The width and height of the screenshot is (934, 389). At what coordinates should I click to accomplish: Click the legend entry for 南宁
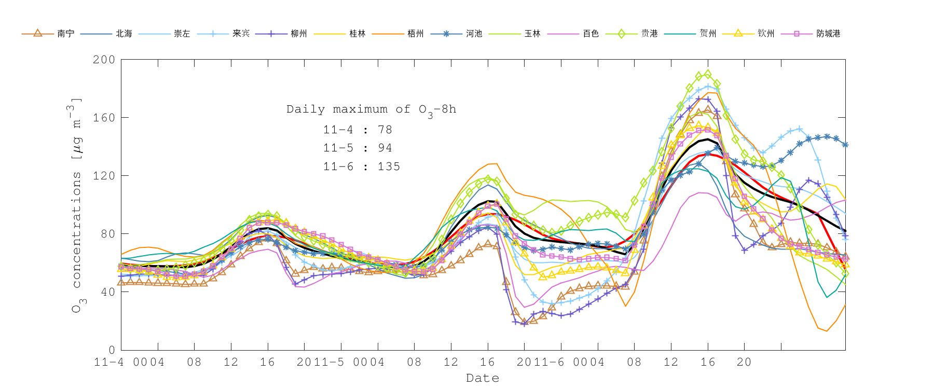click(66, 34)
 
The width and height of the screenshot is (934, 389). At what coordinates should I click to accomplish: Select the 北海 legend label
click(124, 34)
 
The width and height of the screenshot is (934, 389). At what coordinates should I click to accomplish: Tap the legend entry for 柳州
click(299, 34)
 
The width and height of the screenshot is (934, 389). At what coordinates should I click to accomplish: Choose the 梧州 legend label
click(416, 34)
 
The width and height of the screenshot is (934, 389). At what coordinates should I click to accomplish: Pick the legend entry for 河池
click(474, 34)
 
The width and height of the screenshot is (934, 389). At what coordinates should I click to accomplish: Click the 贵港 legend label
click(649, 34)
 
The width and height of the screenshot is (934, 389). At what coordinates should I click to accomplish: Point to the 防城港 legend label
click(828, 34)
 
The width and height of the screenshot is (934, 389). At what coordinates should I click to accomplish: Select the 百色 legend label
click(590, 34)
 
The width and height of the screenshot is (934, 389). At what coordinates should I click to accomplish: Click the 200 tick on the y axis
click(104, 60)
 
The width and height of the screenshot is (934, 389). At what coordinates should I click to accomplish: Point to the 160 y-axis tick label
click(104, 118)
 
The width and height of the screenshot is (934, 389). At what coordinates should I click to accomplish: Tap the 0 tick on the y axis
click(112, 350)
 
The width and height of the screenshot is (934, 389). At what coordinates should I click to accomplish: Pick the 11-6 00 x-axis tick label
click(561, 362)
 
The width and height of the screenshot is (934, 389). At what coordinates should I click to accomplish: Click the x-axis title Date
click(483, 378)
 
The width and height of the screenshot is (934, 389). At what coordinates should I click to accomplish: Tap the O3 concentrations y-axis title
click(76, 205)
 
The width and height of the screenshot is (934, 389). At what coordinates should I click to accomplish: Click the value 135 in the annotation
click(389, 166)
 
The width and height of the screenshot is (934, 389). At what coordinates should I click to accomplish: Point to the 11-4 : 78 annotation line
click(358, 130)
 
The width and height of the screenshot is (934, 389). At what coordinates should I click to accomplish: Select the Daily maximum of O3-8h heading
click(372, 109)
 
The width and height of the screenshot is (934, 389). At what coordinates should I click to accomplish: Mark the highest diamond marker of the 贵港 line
click(708, 75)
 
